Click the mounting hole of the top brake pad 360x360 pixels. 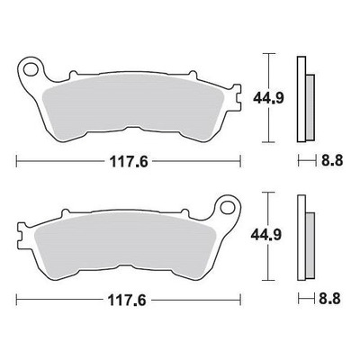[x=30, y=69]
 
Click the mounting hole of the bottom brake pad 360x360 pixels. [x=227, y=208]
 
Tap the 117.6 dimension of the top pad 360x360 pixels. [x=129, y=162]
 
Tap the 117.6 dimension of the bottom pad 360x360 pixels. [x=127, y=301]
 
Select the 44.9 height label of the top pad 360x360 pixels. [x=268, y=98]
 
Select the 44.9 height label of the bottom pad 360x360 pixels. [x=266, y=235]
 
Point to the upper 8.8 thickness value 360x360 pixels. [x=332, y=161]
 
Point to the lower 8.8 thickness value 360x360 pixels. [x=329, y=299]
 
